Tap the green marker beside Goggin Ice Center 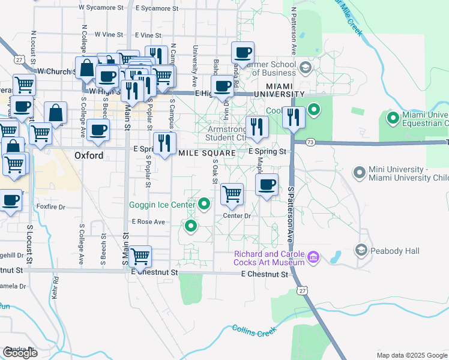click(x=205, y=205)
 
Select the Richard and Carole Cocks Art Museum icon click(x=313, y=258)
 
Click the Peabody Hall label click(x=395, y=250)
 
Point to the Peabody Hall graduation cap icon click(x=361, y=250)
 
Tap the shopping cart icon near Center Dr click(x=232, y=194)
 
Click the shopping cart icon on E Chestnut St click(x=140, y=257)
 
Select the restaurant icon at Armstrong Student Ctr click(x=255, y=127)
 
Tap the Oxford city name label click(x=89, y=155)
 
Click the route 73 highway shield click(x=310, y=142)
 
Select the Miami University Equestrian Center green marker click(x=393, y=118)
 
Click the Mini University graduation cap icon click(x=360, y=173)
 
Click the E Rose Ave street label click(x=148, y=221)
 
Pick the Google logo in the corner click(x=20, y=352)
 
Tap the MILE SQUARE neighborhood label click(x=205, y=153)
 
